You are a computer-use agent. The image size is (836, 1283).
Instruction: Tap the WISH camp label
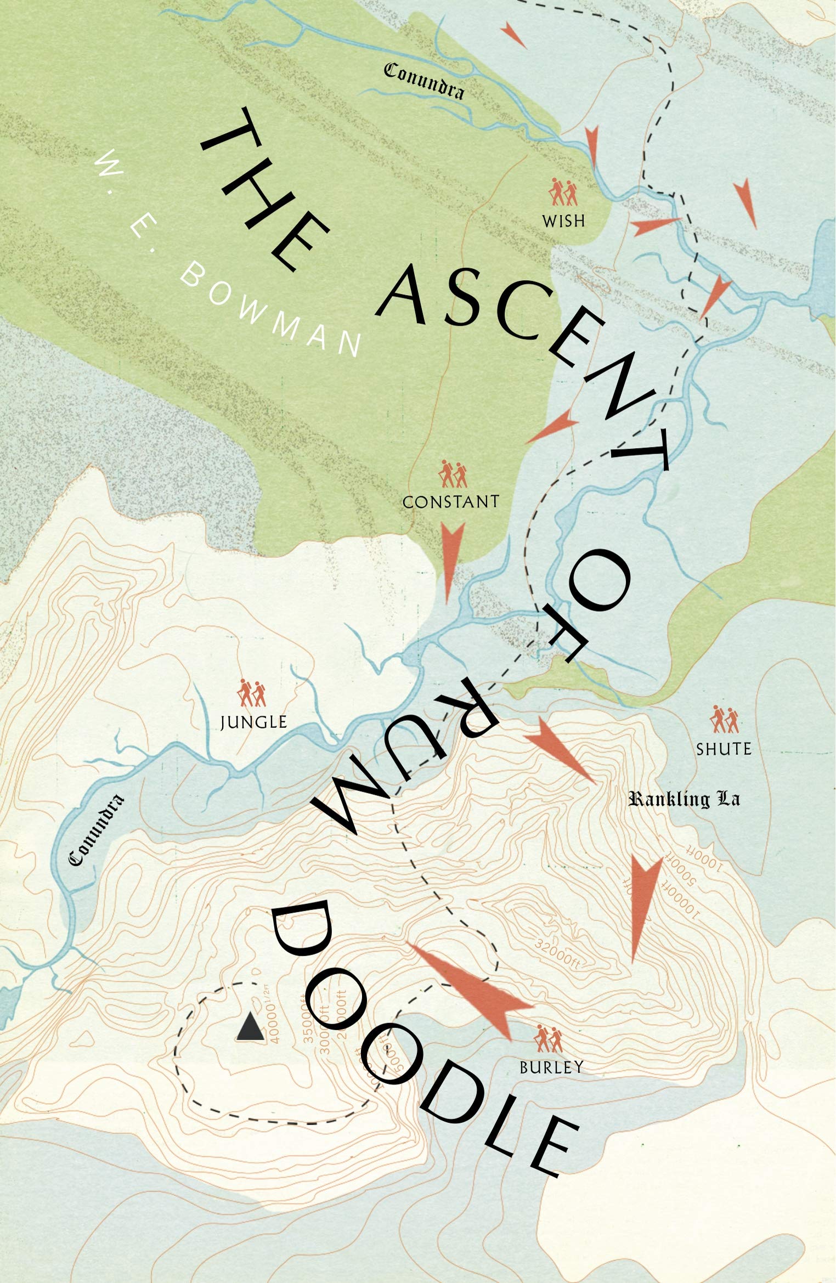click(563, 221)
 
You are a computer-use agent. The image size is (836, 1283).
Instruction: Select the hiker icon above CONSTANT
click(453, 473)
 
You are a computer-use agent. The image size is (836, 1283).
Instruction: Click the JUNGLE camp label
click(253, 722)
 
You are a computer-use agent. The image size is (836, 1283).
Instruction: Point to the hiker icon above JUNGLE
click(252, 693)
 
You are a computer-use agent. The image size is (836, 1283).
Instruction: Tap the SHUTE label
click(724, 749)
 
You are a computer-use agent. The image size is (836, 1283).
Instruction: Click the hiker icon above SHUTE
click(724, 720)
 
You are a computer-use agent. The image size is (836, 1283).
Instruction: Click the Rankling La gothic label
click(684, 799)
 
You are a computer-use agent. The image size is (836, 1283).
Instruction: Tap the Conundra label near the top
click(423, 81)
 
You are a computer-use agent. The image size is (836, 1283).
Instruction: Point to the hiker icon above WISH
click(564, 191)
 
